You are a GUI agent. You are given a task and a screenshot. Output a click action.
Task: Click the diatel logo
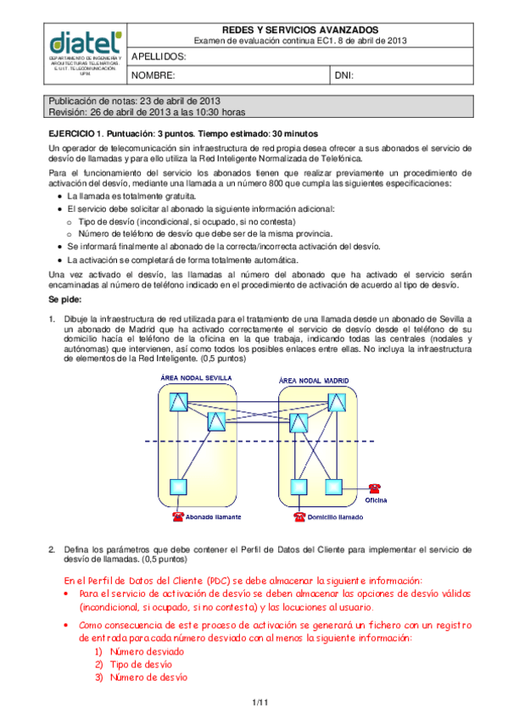tap(86, 42)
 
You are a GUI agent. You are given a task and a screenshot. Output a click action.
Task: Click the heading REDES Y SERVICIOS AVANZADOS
tap(300, 30)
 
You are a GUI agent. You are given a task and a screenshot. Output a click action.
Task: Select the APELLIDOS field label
tap(159, 57)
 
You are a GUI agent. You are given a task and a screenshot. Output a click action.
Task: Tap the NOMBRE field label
tap(154, 75)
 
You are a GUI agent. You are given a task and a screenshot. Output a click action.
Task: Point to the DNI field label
tap(343, 75)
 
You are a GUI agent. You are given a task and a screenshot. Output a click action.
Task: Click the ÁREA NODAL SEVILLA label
tap(196, 378)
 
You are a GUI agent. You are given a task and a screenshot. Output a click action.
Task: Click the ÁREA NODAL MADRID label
tap(314, 381)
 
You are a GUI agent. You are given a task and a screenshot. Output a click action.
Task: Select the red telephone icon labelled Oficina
tap(375, 488)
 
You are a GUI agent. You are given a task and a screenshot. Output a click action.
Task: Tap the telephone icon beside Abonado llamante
tap(178, 517)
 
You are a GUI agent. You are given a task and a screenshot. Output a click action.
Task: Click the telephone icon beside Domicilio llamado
tap(299, 517)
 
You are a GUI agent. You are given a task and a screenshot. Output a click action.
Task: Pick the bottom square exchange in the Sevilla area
tap(178, 487)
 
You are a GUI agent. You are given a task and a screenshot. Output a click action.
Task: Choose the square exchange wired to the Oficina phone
tap(334, 487)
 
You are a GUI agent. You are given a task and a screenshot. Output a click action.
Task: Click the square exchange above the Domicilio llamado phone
tap(299, 487)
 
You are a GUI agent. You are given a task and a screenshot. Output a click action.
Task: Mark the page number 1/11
tap(260, 703)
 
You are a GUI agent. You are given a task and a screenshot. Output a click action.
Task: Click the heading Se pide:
tap(65, 299)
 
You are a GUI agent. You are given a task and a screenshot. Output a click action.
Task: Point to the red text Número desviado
tap(147, 651)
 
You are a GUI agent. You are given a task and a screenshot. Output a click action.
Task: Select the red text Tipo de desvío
tap(141, 665)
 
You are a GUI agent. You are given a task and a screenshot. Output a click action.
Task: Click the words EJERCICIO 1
tap(75, 134)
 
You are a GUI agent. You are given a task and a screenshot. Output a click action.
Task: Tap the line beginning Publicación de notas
tap(134, 101)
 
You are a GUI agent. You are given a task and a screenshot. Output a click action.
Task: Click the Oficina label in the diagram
tap(376, 500)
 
